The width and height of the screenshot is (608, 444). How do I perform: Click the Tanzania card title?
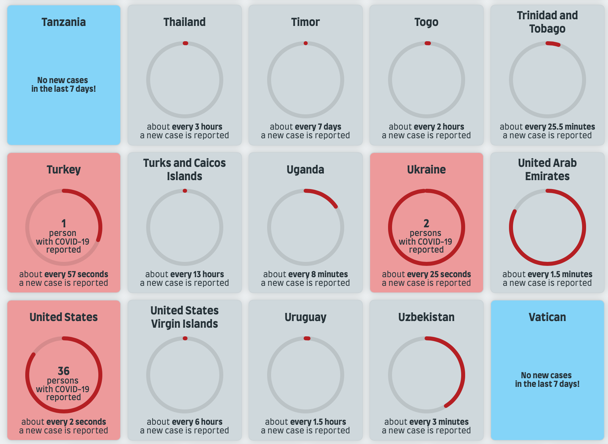click(x=63, y=22)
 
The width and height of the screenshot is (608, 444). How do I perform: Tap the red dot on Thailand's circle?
click(x=185, y=43)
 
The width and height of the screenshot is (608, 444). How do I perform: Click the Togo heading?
click(x=426, y=22)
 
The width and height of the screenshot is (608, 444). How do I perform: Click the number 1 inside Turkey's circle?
click(x=63, y=223)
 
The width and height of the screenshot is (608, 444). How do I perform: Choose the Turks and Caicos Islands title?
click(x=184, y=169)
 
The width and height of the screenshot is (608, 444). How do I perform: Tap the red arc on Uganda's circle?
click(x=324, y=196)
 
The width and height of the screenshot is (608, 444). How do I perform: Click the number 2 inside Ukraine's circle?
click(x=426, y=223)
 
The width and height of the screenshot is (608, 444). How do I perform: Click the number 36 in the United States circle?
click(x=63, y=371)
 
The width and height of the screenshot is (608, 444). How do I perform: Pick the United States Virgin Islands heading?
click(x=184, y=317)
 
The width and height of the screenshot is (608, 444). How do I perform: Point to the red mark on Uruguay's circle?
click(x=307, y=338)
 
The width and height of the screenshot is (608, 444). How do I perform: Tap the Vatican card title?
click(x=547, y=317)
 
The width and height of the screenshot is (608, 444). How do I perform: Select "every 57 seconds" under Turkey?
click(x=76, y=274)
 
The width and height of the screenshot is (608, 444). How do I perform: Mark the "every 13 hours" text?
click(x=197, y=274)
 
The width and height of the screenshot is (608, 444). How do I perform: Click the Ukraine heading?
click(x=426, y=169)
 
